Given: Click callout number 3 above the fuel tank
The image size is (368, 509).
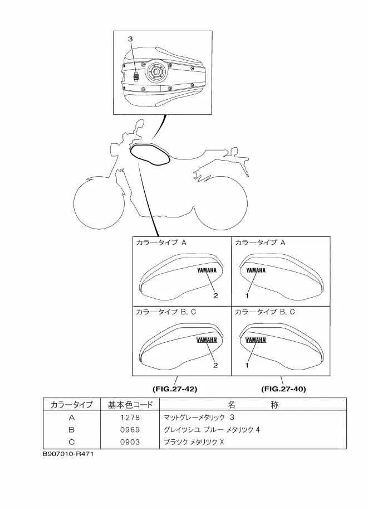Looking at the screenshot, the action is coord(130,39).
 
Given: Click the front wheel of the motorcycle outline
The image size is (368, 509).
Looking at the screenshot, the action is coord(99,203).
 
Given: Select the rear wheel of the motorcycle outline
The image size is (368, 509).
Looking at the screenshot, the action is coord(222,203).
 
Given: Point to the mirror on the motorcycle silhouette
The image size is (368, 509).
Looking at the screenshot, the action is coord(139,125).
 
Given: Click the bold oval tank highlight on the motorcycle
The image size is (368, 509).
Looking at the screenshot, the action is coord(150,154).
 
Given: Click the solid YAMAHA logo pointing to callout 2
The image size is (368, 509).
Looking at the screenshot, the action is coord(207,270).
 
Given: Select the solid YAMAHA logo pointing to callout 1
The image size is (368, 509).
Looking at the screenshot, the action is coord(256,270).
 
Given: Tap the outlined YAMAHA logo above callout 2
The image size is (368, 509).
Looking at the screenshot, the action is coord(207,340).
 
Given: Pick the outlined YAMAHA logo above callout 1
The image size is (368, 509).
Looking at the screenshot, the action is coord(256,340).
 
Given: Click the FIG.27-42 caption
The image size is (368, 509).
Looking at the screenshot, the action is coord(175,389).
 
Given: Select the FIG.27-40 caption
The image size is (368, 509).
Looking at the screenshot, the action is coord(284,389).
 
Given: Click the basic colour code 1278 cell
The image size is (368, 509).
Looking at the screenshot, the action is coord(130,418).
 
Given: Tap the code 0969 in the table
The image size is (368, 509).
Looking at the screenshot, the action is coord(130,430).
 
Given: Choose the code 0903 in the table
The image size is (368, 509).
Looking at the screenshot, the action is coord(130,442).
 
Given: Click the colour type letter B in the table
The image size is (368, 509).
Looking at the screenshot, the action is coord(72,430).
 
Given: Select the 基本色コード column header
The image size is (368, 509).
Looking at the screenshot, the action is coord(130,405).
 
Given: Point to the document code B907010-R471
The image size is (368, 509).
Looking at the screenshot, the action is coord(68,454).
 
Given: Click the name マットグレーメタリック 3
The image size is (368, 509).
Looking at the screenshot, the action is coord(199,418).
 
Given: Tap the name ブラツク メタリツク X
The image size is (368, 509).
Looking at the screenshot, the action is coord(194,442).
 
